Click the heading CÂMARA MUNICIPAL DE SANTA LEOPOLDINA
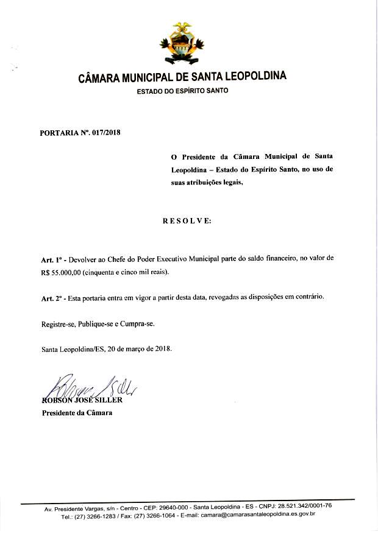tap(182, 78)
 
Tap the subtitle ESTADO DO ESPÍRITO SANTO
tap(182, 91)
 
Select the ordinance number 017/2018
tap(107, 132)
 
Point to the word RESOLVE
tap(187, 220)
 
